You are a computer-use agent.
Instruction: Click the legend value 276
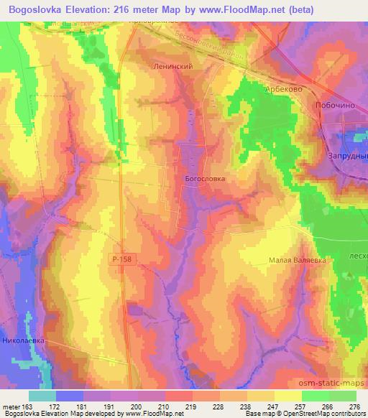tap(353, 406)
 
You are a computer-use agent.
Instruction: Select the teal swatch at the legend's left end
tap(42, 396)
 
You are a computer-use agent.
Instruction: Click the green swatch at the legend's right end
tap(342, 396)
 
